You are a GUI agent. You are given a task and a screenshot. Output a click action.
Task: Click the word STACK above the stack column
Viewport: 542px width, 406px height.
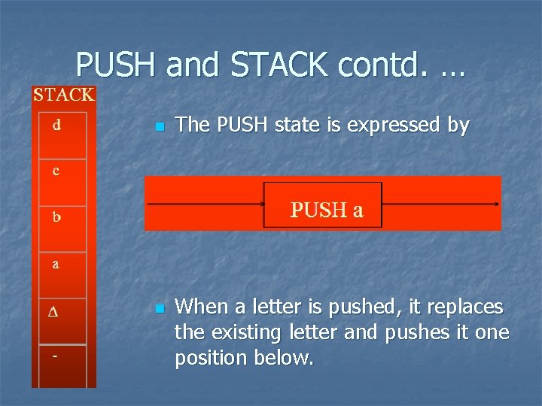[x=63, y=95]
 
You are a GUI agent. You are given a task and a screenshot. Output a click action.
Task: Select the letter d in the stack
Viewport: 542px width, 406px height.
[x=57, y=125]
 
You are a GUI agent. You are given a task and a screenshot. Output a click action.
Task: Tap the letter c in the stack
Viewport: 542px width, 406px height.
[x=56, y=171]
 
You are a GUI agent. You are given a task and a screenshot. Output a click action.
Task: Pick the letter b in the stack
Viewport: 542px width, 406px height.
[x=56, y=218]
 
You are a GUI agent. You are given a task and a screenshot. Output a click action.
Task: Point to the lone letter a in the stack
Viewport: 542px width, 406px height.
[x=56, y=265]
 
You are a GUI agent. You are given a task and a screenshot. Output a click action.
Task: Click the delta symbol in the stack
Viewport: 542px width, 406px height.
[x=53, y=312]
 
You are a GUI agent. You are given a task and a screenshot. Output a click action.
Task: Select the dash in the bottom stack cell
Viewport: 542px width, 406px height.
[x=55, y=356]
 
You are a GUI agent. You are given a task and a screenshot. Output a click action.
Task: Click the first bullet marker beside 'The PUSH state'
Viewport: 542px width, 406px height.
[x=158, y=128]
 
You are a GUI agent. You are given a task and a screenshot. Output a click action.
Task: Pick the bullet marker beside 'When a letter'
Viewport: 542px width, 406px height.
[x=158, y=309]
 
